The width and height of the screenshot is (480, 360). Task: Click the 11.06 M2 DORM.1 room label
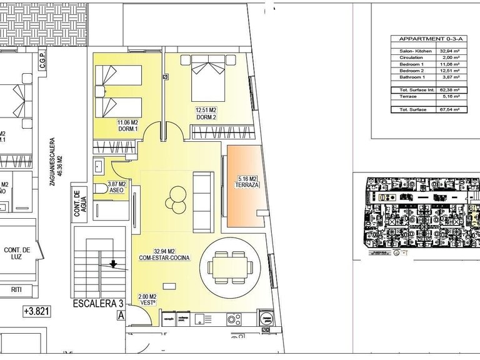click(x=127, y=126)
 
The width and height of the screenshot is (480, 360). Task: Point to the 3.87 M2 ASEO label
click(x=117, y=187)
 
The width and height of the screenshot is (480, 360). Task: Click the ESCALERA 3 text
click(x=97, y=304)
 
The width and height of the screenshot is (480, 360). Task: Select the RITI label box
click(x=17, y=289)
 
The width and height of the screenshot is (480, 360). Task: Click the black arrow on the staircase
click(x=112, y=264)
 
